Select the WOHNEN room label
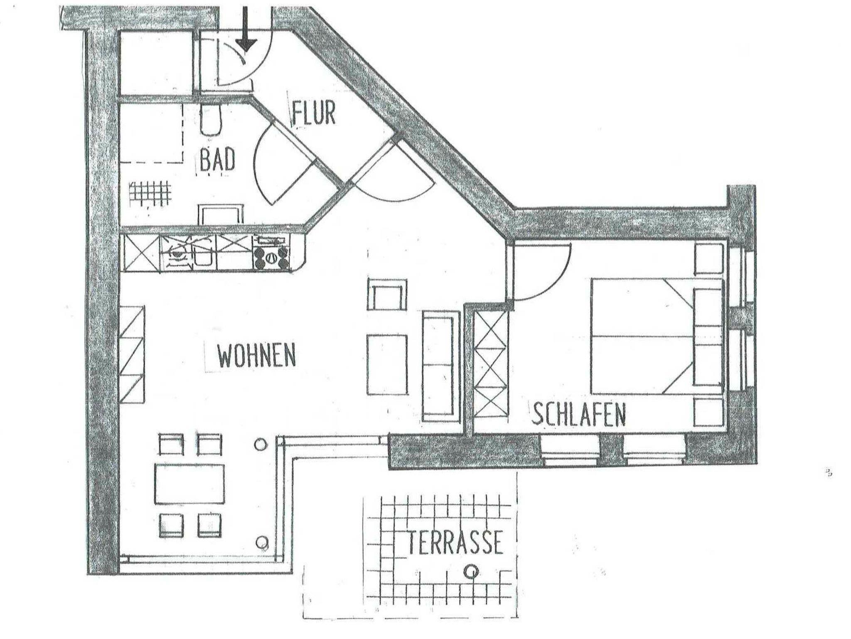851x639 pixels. [x=257, y=355]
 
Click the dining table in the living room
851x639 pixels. [x=189, y=484]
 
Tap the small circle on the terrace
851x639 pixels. [x=471, y=572]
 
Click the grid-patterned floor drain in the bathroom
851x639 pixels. [x=150, y=193]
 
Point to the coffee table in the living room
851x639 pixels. [x=387, y=365]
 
